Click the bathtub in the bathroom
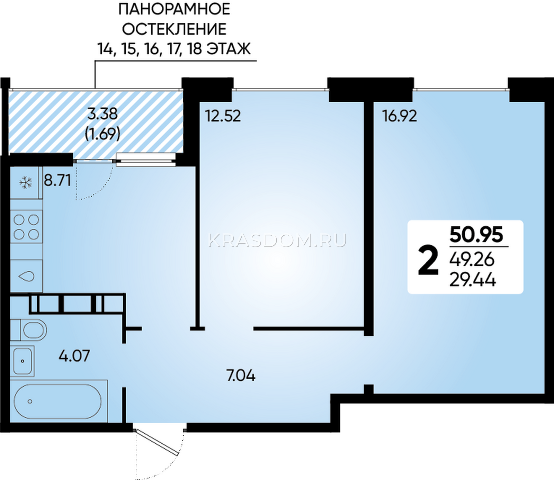(x=57, y=401)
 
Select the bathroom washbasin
(x=22, y=361)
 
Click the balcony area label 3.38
(x=102, y=114)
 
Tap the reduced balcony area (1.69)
(x=102, y=133)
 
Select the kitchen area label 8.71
(x=57, y=180)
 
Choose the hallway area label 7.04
(x=241, y=375)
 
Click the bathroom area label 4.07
(x=74, y=356)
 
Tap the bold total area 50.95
(x=476, y=235)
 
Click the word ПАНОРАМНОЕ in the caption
(x=174, y=9)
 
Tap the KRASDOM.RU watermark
(x=277, y=240)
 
